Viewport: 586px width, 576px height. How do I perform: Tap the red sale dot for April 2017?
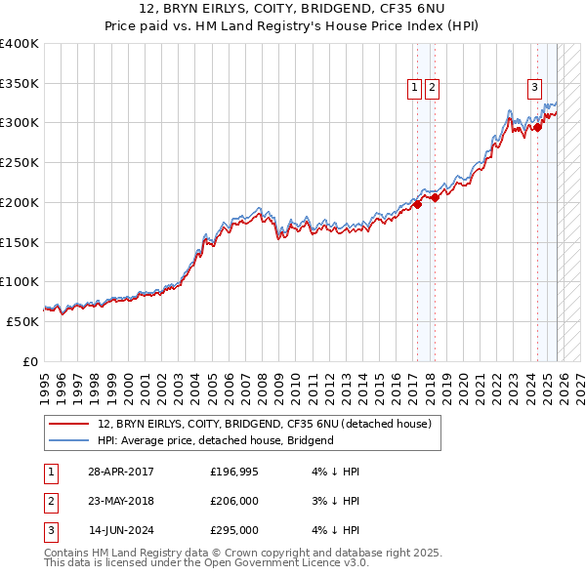pos(417,204)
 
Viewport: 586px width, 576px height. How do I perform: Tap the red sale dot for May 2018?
pos(435,197)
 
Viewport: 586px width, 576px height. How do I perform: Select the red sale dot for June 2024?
pos(536,126)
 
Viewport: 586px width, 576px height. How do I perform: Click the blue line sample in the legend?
pos(68,440)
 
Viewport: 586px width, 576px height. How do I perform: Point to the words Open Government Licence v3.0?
pos(291,563)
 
